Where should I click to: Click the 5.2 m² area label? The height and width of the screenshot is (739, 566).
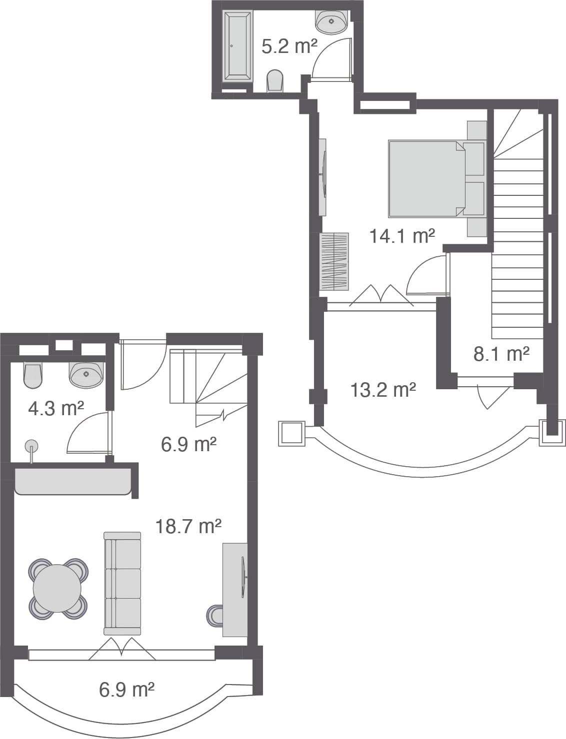289,46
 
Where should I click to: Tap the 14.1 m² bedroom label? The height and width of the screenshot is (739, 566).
401,235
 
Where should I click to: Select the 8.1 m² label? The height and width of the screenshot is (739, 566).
501,354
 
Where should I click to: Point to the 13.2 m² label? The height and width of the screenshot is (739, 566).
383,390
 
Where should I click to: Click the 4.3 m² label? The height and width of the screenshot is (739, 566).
55,408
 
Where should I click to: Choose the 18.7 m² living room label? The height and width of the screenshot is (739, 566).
188,526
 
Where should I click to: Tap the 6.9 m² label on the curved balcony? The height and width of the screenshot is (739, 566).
126,690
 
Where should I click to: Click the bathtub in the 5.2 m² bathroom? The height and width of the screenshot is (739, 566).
237,46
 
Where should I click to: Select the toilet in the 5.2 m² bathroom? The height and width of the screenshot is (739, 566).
274,80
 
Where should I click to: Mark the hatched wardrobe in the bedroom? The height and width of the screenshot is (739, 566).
334,261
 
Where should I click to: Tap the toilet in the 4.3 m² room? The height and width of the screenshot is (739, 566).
32,375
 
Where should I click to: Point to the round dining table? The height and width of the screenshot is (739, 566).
57,589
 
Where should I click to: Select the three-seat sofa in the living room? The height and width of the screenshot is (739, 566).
122,584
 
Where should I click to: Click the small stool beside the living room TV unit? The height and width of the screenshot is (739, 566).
214,616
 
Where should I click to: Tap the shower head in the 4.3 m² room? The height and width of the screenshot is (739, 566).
31,446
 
